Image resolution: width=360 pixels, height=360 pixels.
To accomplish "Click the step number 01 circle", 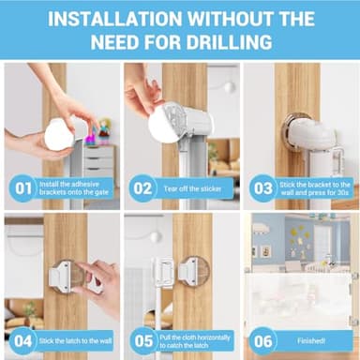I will [x=22, y=187].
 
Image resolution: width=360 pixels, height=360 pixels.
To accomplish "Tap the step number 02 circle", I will [x=142, y=187].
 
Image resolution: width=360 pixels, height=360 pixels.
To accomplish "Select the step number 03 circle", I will [x=262, y=187].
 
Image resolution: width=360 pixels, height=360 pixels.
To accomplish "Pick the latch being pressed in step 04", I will [x=63, y=277].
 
